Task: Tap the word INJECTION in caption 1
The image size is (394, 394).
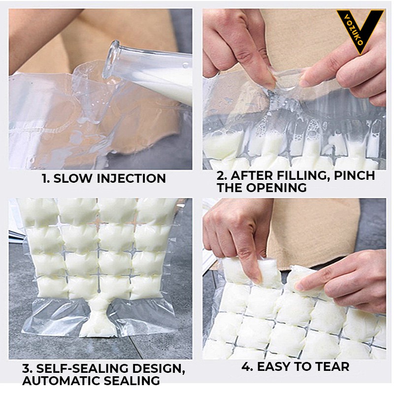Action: click(x=131, y=178)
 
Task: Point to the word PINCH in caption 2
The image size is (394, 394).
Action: click(x=354, y=175)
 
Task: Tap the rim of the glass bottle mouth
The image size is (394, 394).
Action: click(x=112, y=59)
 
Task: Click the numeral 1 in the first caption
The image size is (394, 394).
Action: click(x=45, y=178)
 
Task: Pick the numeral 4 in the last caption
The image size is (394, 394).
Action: click(x=247, y=366)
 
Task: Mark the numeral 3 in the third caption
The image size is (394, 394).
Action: click(x=27, y=368)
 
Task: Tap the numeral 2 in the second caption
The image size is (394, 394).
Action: click(x=222, y=175)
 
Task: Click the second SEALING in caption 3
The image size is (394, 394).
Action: click(x=131, y=381)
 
